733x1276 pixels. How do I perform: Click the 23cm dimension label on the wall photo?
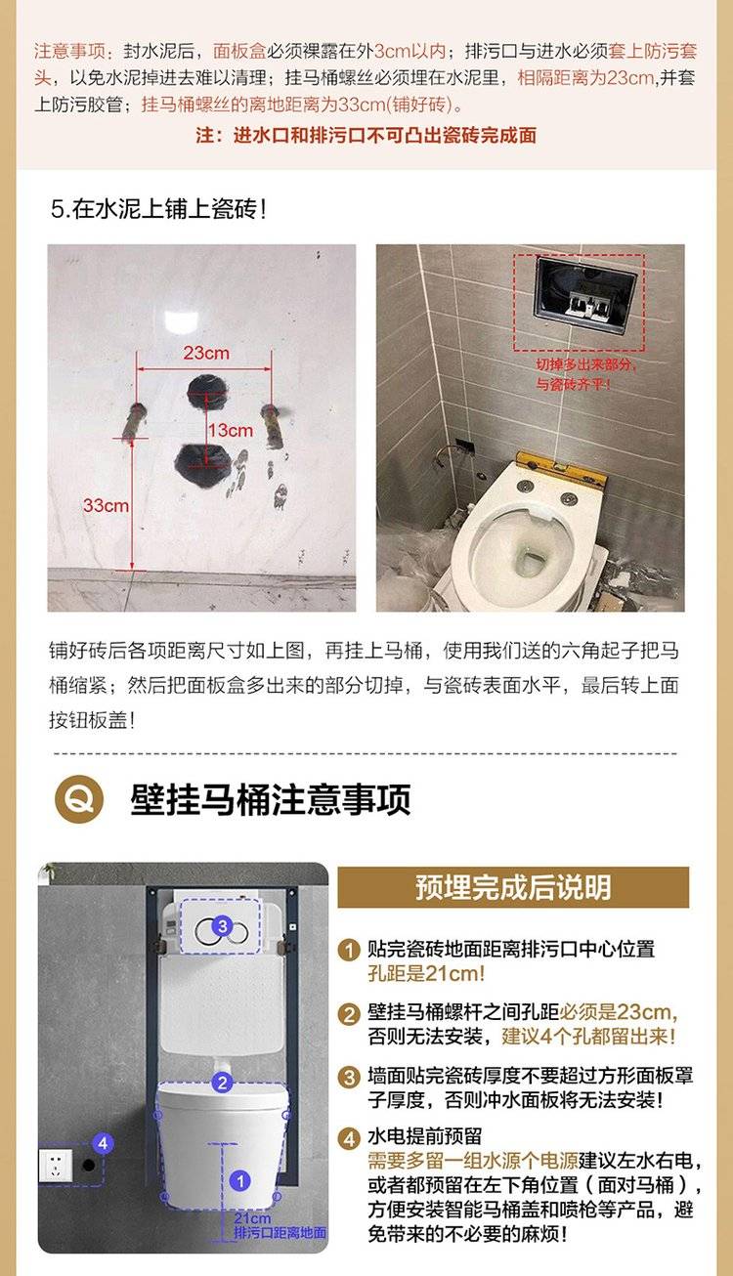[206, 353]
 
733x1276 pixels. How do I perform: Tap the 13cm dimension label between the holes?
[231, 430]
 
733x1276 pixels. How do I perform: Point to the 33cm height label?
[106, 505]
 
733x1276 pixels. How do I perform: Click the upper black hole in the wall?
[208, 392]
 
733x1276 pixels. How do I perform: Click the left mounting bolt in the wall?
[135, 421]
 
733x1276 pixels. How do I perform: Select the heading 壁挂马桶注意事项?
[270, 799]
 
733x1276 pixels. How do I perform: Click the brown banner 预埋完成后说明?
[513, 887]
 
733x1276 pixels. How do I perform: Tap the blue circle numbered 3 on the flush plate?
[223, 925]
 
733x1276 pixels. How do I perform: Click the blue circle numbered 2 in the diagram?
[223, 1083]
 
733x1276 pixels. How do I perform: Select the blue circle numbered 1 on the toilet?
[240, 1181]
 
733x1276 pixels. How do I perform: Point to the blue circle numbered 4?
[103, 1143]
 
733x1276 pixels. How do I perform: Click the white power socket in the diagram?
[56, 1166]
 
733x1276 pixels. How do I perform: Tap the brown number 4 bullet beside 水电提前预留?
[349, 1138]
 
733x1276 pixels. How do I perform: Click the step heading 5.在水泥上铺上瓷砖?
[159, 209]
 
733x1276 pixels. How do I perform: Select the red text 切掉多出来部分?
[585, 364]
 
